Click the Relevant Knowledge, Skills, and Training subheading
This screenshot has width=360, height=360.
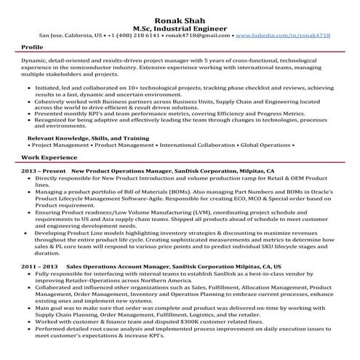coord(88,137)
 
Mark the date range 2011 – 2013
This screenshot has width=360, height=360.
coord(39,266)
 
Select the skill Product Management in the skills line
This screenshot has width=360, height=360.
coord(108,145)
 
